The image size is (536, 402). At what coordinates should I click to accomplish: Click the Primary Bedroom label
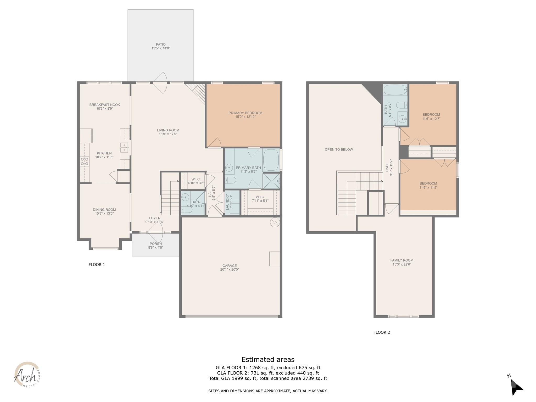(x=245, y=113)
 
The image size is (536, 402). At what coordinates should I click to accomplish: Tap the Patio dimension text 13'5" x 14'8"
(x=161, y=48)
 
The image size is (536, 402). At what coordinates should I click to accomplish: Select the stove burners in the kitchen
(x=84, y=161)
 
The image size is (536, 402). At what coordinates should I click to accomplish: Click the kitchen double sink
(x=124, y=147)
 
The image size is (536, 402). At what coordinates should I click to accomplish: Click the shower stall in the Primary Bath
(x=271, y=181)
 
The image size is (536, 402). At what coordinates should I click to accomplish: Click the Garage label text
(x=230, y=266)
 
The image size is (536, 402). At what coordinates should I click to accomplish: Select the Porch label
(x=155, y=244)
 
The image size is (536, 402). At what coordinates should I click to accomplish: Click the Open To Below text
(x=339, y=149)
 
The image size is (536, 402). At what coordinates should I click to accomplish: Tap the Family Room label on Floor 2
(x=401, y=260)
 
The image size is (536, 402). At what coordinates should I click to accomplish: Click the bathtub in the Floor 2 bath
(x=395, y=90)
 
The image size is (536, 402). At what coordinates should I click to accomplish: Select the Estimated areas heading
(x=268, y=359)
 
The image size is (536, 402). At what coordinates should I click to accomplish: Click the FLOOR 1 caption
(x=97, y=265)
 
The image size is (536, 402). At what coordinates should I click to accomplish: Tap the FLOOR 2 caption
(x=381, y=332)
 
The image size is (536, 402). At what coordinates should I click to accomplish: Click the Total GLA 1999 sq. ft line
(x=268, y=378)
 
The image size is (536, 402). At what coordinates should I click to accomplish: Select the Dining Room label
(x=104, y=210)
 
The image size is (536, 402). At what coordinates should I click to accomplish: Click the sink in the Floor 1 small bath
(x=186, y=197)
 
